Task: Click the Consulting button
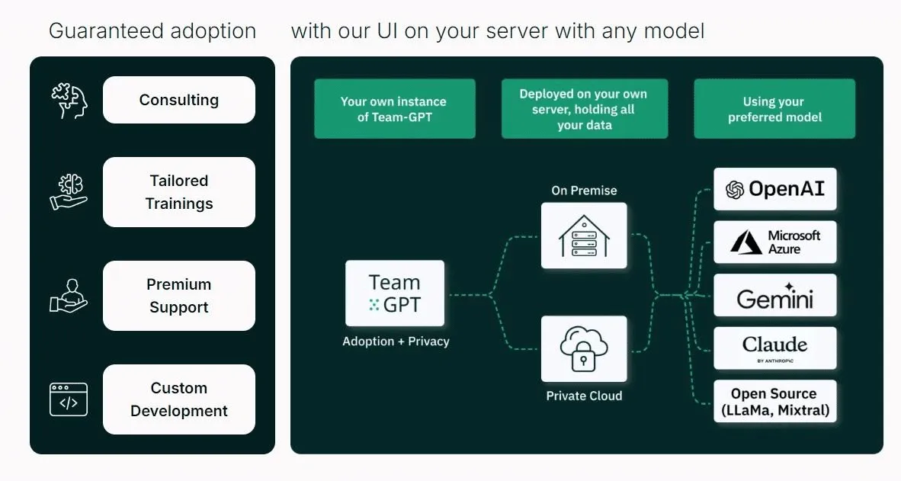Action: pyautogui.click(x=178, y=100)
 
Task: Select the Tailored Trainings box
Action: pyautogui.click(x=178, y=192)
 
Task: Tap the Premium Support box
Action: pyautogui.click(x=178, y=296)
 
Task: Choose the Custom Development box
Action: pyautogui.click(x=178, y=399)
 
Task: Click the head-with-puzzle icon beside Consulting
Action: pyautogui.click(x=69, y=101)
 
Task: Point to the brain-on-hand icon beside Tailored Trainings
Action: pyautogui.click(x=69, y=192)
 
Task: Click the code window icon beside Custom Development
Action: pyautogui.click(x=69, y=399)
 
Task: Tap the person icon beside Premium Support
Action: pyautogui.click(x=69, y=296)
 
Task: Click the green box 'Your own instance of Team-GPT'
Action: pyautogui.click(x=394, y=109)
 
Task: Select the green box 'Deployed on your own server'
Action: pyautogui.click(x=584, y=109)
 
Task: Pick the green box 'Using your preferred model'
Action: pyautogui.click(x=774, y=109)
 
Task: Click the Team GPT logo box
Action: pyautogui.click(x=394, y=293)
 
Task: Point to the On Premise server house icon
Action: pyautogui.click(x=584, y=235)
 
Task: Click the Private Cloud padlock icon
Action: pyautogui.click(x=584, y=349)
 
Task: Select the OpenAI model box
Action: pyautogui.click(x=774, y=189)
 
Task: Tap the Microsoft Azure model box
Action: pyautogui.click(x=774, y=242)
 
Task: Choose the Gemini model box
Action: pyautogui.click(x=774, y=296)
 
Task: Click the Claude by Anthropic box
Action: pyautogui.click(x=774, y=348)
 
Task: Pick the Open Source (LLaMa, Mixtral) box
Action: pyautogui.click(x=774, y=402)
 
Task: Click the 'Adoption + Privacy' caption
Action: pyautogui.click(x=396, y=342)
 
